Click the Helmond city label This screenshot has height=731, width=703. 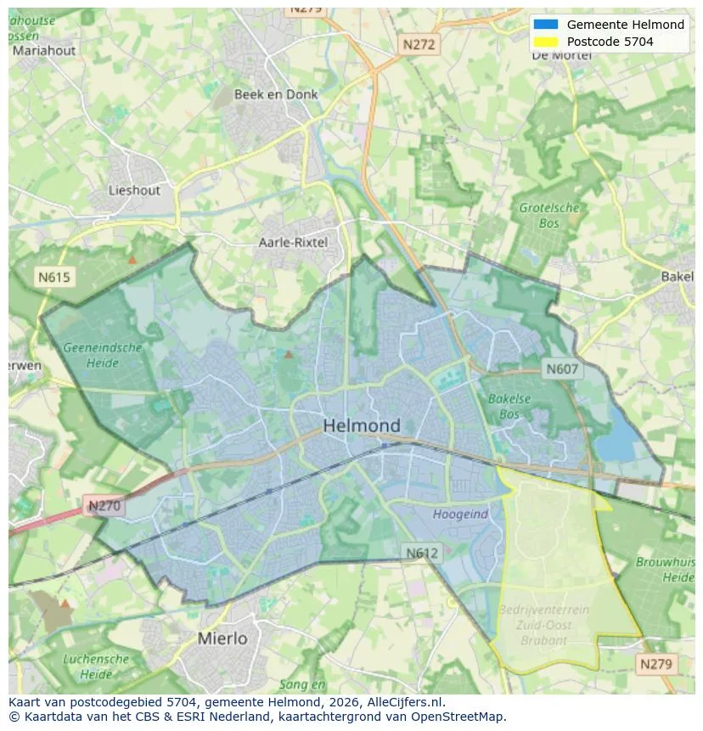362,425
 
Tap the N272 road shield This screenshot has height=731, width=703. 419,45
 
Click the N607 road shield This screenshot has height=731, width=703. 561,368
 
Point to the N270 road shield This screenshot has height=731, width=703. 104,506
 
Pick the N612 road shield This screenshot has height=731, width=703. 422,553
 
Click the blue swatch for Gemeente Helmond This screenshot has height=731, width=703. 546,25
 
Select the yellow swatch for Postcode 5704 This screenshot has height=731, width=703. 546,42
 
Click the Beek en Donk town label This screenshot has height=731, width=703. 276,94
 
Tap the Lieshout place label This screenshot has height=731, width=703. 134,190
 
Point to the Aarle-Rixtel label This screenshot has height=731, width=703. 293,243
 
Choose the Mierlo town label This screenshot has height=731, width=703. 222,638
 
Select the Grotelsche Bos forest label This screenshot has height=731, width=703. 549,216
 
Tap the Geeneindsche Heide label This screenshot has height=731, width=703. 103,355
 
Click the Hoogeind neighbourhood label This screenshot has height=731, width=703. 460,514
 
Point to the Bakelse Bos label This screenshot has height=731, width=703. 509,406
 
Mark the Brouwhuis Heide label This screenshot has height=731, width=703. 666,569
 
